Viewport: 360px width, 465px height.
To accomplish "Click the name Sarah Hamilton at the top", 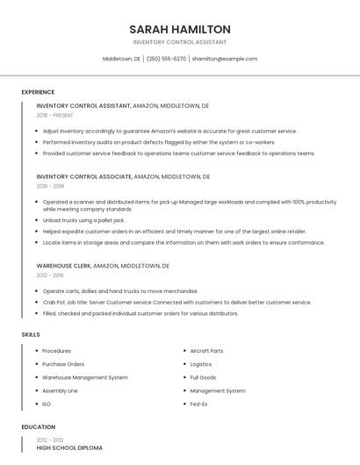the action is click(x=180, y=29).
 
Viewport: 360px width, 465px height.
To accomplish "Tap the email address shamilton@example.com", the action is click(x=225, y=59).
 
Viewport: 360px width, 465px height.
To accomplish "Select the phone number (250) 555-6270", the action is click(x=166, y=59).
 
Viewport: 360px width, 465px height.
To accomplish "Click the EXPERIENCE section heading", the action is click(x=38, y=92).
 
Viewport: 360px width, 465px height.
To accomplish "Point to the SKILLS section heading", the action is click(x=31, y=334).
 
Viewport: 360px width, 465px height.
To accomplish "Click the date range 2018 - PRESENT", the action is click(x=55, y=115).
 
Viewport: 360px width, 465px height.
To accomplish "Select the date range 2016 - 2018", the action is click(x=50, y=186).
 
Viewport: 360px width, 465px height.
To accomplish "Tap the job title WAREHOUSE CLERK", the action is click(x=63, y=265).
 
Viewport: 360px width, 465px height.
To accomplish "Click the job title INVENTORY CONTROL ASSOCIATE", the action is click(x=84, y=176).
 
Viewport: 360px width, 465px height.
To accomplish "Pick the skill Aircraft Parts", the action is click(x=206, y=351).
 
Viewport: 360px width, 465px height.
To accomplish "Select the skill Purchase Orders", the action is click(x=63, y=364).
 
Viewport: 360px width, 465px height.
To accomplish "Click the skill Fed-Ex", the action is click(x=200, y=404).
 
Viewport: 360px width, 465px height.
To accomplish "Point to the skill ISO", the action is click(x=47, y=404).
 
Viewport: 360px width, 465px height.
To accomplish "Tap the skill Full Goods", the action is click(x=203, y=377).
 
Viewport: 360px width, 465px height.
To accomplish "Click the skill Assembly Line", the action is click(x=60, y=390).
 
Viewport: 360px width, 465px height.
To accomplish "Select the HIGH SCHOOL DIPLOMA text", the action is click(x=69, y=447).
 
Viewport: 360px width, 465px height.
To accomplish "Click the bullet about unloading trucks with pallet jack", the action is click(x=83, y=220).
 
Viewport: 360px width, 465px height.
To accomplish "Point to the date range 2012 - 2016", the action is click(x=50, y=274).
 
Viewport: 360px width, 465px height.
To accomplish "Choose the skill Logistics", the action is click(x=201, y=364).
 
